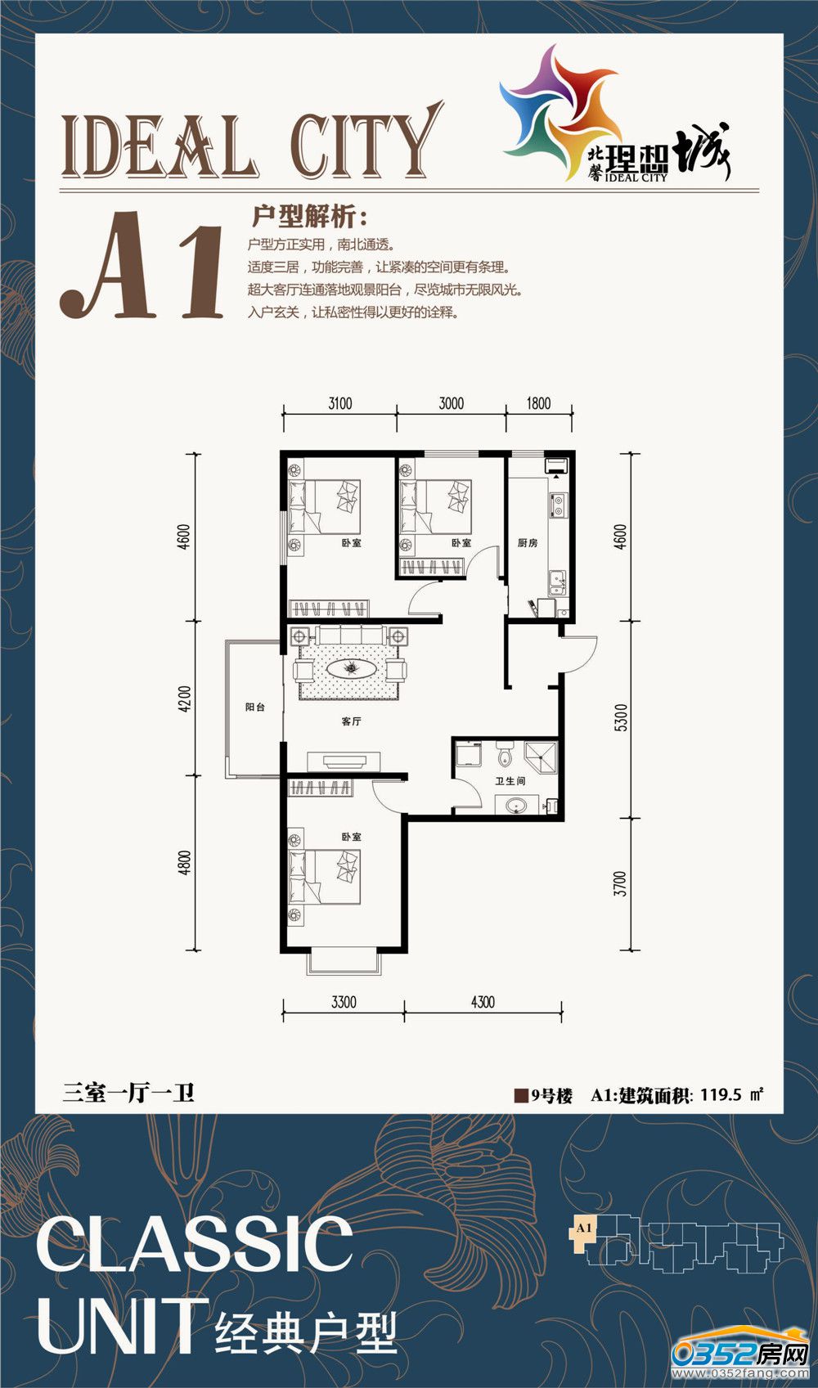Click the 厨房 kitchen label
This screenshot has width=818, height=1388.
click(528, 543)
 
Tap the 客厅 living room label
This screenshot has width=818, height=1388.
click(352, 721)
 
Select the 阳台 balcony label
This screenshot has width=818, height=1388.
click(254, 707)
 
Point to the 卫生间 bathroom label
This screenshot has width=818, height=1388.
click(510, 781)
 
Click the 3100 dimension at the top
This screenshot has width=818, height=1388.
click(340, 404)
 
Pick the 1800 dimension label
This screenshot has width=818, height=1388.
click(538, 404)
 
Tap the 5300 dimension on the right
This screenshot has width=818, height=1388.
click(622, 717)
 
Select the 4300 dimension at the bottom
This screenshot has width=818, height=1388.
click(483, 1002)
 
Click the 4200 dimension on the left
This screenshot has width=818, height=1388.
click(184, 698)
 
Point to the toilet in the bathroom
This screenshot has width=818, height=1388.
click(505, 756)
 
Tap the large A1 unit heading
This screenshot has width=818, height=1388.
click(142, 265)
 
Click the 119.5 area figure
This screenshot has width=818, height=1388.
click(721, 1094)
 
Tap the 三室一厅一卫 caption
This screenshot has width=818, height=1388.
click(128, 1093)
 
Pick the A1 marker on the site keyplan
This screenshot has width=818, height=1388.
click(584, 1227)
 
